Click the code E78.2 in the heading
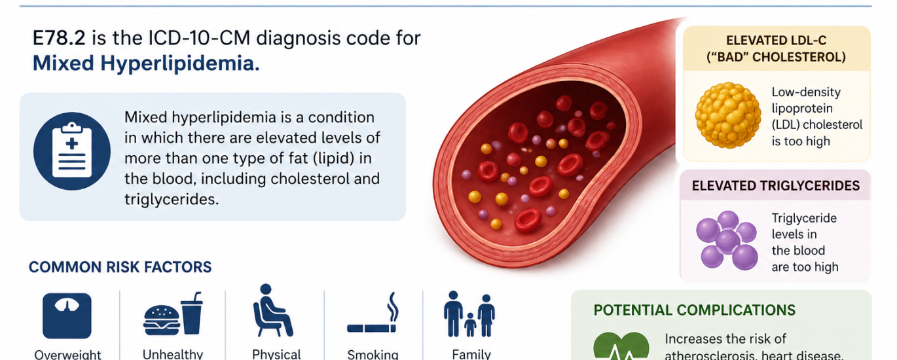tap(60, 38)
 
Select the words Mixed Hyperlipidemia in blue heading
tap(145, 63)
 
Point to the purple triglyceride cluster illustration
tap(727, 240)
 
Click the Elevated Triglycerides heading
tap(775, 186)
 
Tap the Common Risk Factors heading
tap(120, 267)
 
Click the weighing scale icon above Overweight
tap(67, 315)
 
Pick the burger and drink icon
tap(173, 314)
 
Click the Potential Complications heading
tap(694, 310)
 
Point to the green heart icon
tap(621, 347)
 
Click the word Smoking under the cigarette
tap(373, 354)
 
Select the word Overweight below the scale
tap(67, 355)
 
